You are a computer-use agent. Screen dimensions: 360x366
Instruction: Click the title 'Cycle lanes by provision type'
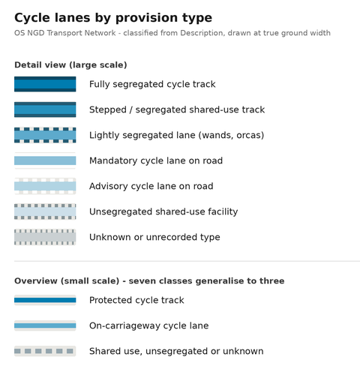tap(113, 18)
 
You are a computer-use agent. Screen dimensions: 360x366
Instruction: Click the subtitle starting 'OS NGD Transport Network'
tap(172, 33)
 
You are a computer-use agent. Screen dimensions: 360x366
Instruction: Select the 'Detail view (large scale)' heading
tap(70, 65)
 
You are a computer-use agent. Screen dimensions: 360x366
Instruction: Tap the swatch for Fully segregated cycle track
tap(45, 84)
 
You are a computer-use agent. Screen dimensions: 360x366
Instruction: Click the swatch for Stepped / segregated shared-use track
tap(45, 109)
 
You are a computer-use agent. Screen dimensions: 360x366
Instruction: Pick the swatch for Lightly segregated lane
tap(45, 135)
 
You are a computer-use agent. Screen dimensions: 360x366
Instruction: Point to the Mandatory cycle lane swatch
tap(45, 160)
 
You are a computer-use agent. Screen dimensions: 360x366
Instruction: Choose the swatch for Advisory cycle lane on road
tap(45, 186)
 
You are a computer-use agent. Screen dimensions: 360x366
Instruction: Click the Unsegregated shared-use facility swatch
tap(45, 211)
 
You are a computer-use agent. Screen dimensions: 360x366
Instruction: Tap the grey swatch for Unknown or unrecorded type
tap(45, 237)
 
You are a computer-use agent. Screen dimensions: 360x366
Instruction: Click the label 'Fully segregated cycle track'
tap(152, 85)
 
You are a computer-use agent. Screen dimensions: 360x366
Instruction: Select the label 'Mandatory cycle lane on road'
tap(156, 160)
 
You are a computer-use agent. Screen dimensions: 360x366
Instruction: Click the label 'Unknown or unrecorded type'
tap(154, 237)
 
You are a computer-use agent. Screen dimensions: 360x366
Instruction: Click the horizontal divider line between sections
tap(187, 261)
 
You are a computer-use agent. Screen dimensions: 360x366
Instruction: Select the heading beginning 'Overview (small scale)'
tap(149, 281)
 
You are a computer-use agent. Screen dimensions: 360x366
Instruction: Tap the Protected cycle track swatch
tap(45, 300)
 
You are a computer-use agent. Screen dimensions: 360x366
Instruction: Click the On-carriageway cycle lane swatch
tap(45, 325)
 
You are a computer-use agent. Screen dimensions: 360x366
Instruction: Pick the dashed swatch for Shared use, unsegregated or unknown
tap(45, 351)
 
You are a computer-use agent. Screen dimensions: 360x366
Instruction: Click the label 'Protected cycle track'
tap(136, 300)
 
